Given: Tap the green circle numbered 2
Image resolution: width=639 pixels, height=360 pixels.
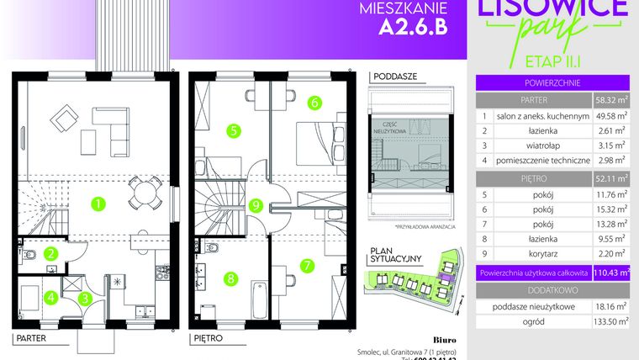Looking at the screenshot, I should (x=51, y=251).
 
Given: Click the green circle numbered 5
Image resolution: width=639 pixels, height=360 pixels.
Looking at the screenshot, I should (x=233, y=130).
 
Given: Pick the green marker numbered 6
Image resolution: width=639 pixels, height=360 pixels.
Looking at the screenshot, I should (x=313, y=103).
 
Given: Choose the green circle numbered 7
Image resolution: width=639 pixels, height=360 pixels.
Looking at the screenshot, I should (x=308, y=264).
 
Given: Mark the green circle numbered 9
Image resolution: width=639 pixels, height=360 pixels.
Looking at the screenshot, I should (x=256, y=204).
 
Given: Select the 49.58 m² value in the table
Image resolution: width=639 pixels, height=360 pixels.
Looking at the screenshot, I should (x=610, y=116).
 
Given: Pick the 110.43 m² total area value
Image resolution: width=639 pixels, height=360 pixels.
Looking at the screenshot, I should (x=610, y=273).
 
